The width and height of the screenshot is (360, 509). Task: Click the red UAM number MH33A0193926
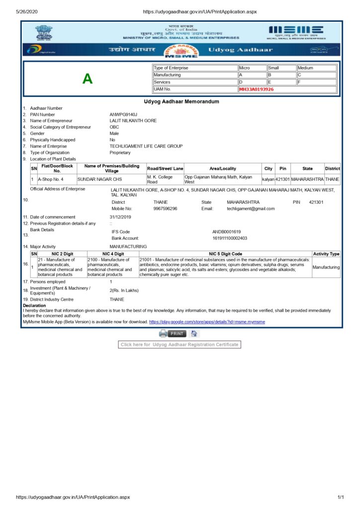pos(256,89)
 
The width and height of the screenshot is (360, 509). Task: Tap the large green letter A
pos(88,79)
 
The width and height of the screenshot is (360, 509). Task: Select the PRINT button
pos(177,334)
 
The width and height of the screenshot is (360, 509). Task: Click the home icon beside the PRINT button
pos(194,334)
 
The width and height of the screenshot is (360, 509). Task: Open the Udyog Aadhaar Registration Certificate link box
pos(180,344)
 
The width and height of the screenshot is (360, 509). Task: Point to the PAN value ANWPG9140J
pos(123,115)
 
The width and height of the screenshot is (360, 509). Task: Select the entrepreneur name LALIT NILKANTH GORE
pos(133,121)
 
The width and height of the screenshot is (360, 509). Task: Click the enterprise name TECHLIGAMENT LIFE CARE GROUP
pos(146,146)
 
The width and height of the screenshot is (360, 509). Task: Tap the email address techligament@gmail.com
pos(251,209)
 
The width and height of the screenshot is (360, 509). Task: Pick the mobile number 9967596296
pos(165,209)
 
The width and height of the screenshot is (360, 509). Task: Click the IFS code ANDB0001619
pos(226,232)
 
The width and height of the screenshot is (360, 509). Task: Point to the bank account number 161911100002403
pos(229,238)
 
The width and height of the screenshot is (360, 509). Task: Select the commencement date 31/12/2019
pos(120,217)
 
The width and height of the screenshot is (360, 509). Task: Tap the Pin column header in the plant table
pos(282,169)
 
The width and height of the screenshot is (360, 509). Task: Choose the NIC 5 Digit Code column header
pos(225,254)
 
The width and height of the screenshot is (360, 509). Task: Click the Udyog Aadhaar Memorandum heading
pos(181,101)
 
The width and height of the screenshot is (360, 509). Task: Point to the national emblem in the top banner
pos(44,32)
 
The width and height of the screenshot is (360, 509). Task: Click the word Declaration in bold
pos(34,305)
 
